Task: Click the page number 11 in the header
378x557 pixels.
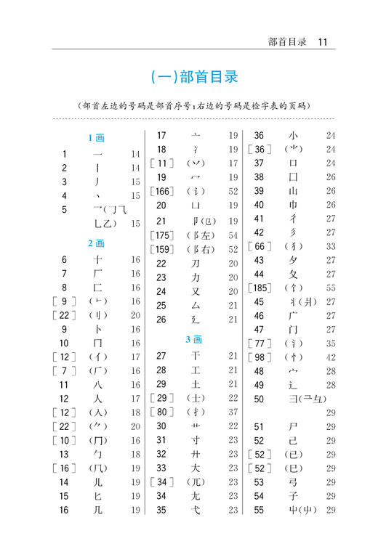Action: (x=323, y=42)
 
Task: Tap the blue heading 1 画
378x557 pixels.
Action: (x=96, y=137)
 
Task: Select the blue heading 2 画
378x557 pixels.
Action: (x=96, y=243)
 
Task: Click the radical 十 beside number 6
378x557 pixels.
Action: (x=98, y=260)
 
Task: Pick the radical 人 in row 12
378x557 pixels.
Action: (x=98, y=399)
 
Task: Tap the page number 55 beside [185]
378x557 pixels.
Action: (x=331, y=288)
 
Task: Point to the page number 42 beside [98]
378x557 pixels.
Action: (x=331, y=357)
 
